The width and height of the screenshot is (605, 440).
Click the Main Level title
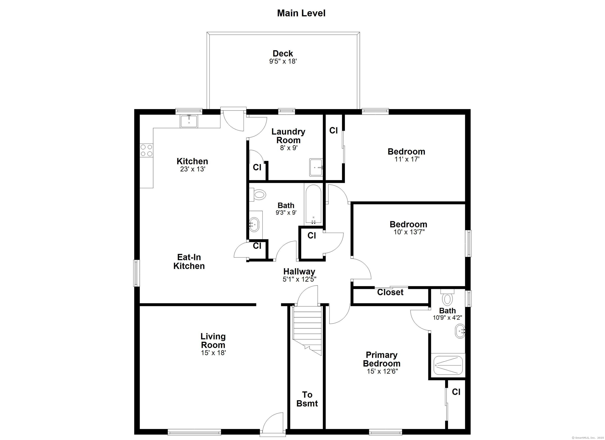tap(301, 13)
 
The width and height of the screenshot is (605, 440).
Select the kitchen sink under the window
tap(189, 121)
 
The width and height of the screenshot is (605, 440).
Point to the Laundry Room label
tap(288, 136)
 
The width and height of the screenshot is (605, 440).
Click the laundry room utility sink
tap(316, 167)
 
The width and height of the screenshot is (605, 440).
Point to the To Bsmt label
tap(307, 399)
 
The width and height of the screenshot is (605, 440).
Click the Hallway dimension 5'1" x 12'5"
tap(300, 279)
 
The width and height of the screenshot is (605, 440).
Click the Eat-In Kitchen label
tap(189, 262)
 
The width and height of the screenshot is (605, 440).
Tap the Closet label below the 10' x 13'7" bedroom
tap(390, 292)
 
